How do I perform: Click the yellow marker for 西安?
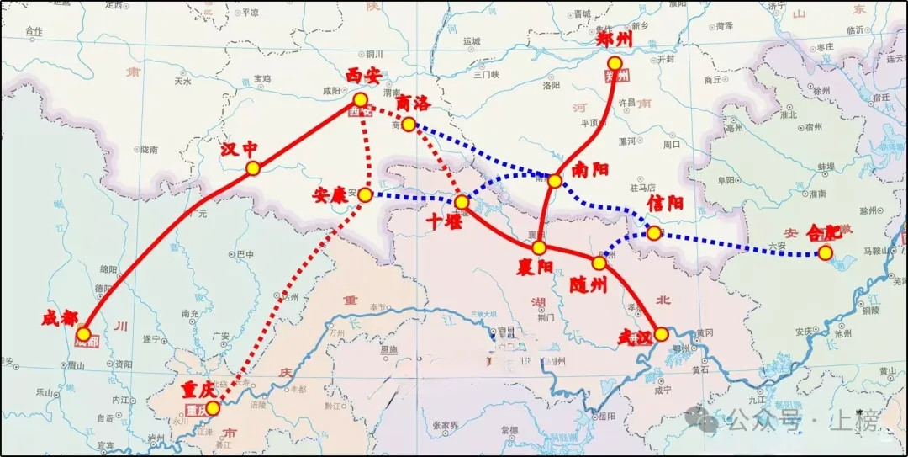(x=360, y=99)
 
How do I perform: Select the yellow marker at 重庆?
(x=213, y=408)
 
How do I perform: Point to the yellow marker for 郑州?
(x=615, y=63)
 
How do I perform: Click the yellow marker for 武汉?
(x=662, y=333)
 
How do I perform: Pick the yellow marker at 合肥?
(x=826, y=252)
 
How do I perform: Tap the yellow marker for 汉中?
(x=252, y=168)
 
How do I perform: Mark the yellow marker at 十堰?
(x=462, y=202)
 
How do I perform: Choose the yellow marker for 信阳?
(x=653, y=232)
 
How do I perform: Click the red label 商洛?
(x=412, y=104)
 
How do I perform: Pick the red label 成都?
(x=61, y=320)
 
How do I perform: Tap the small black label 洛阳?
(x=552, y=86)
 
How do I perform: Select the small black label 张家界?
(x=443, y=425)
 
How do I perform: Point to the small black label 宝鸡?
(x=262, y=78)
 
